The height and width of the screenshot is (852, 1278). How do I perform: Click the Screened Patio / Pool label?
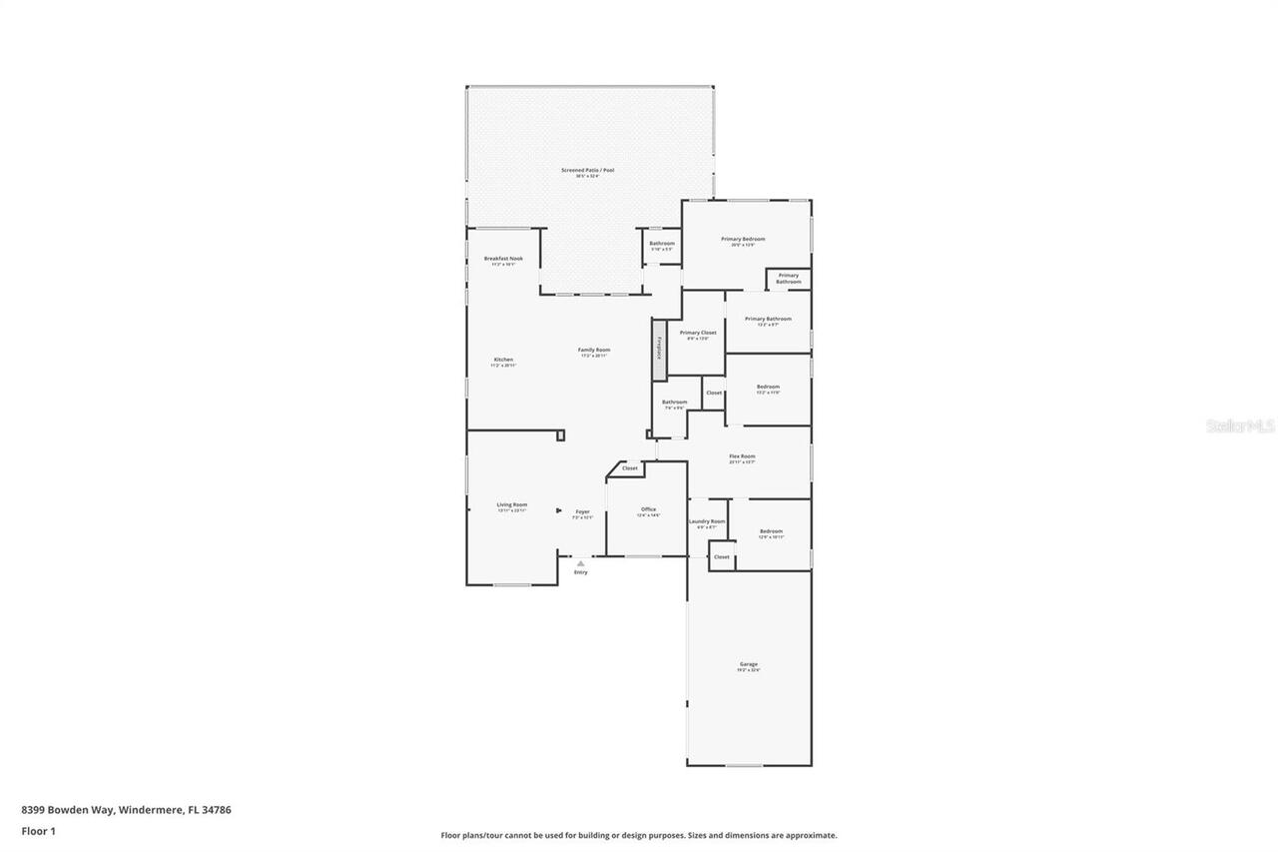point(587,171)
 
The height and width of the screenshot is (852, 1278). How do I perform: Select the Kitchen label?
point(504,360)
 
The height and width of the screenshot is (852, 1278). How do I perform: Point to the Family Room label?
point(594,350)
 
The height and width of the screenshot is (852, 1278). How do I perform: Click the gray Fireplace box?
point(659,350)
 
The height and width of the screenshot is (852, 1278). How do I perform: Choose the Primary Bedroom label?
point(743,240)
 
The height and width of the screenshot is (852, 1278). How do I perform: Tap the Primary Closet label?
point(698,333)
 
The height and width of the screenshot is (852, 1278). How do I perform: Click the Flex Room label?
point(742,456)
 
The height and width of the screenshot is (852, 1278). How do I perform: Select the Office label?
point(649,509)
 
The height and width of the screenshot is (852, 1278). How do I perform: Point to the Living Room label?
point(512,505)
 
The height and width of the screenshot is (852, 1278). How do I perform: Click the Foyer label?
point(582,511)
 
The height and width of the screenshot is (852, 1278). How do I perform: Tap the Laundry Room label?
point(707,521)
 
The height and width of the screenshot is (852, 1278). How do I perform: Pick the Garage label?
point(749,664)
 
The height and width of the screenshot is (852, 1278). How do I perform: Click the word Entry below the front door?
point(581,572)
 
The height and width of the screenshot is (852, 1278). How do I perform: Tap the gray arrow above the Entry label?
point(581,563)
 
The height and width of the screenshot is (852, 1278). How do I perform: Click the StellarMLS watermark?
point(1240,426)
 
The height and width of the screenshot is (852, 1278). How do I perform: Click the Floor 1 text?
point(39,831)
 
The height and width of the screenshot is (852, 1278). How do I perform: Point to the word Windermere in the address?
point(151,810)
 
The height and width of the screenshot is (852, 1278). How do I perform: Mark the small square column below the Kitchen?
point(561,434)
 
